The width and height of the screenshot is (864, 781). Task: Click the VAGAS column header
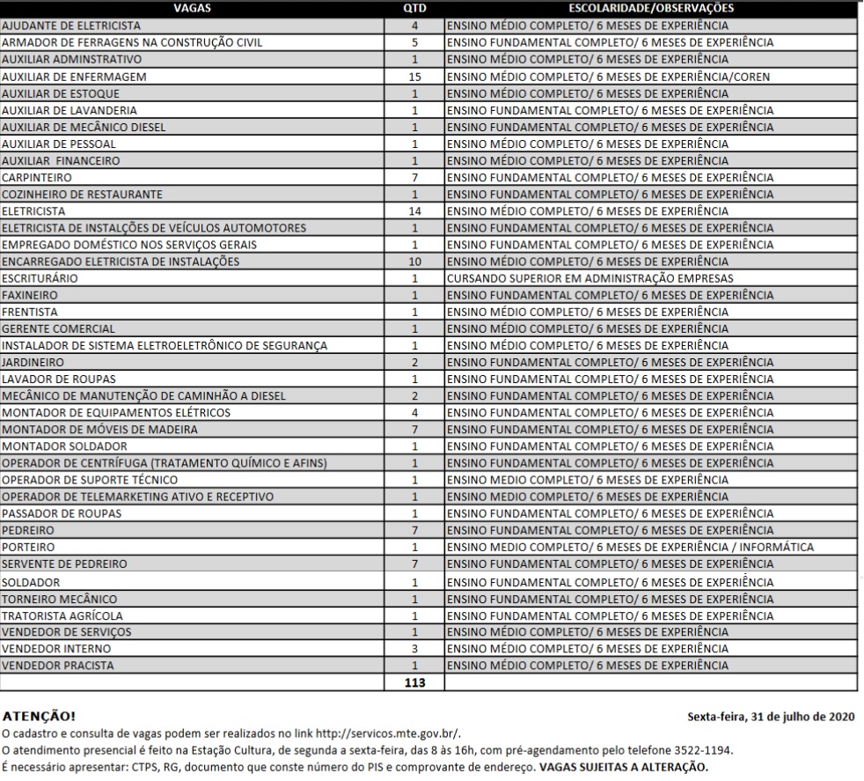tap(193, 8)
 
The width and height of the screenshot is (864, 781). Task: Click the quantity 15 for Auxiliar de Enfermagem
tap(415, 77)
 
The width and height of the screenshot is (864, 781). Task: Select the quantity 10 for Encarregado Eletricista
tap(415, 262)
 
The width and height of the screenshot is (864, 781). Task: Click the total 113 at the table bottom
tap(415, 682)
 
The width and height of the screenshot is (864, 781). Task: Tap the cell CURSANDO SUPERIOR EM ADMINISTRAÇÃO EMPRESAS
tap(590, 278)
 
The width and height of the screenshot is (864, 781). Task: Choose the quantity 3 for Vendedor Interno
tap(415, 648)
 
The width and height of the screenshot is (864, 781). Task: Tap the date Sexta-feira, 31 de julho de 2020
tap(773, 717)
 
